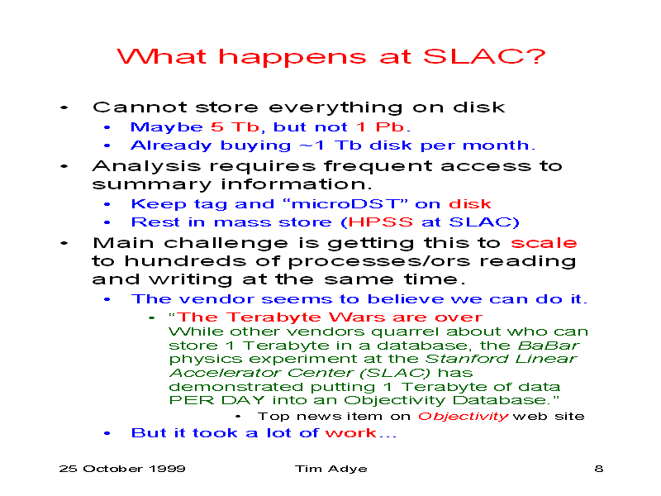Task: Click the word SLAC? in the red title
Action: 484,56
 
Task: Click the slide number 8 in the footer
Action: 598,469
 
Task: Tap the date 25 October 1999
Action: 122,469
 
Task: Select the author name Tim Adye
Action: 331,469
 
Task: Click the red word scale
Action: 544,243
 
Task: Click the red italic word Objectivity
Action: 464,417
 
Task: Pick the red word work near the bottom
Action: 351,432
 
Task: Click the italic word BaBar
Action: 549,346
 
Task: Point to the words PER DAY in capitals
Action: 216,400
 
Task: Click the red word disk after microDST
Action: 469,203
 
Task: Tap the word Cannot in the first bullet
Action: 140,107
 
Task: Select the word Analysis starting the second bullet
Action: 147,167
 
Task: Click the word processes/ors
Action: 379,262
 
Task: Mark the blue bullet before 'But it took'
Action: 107,433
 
